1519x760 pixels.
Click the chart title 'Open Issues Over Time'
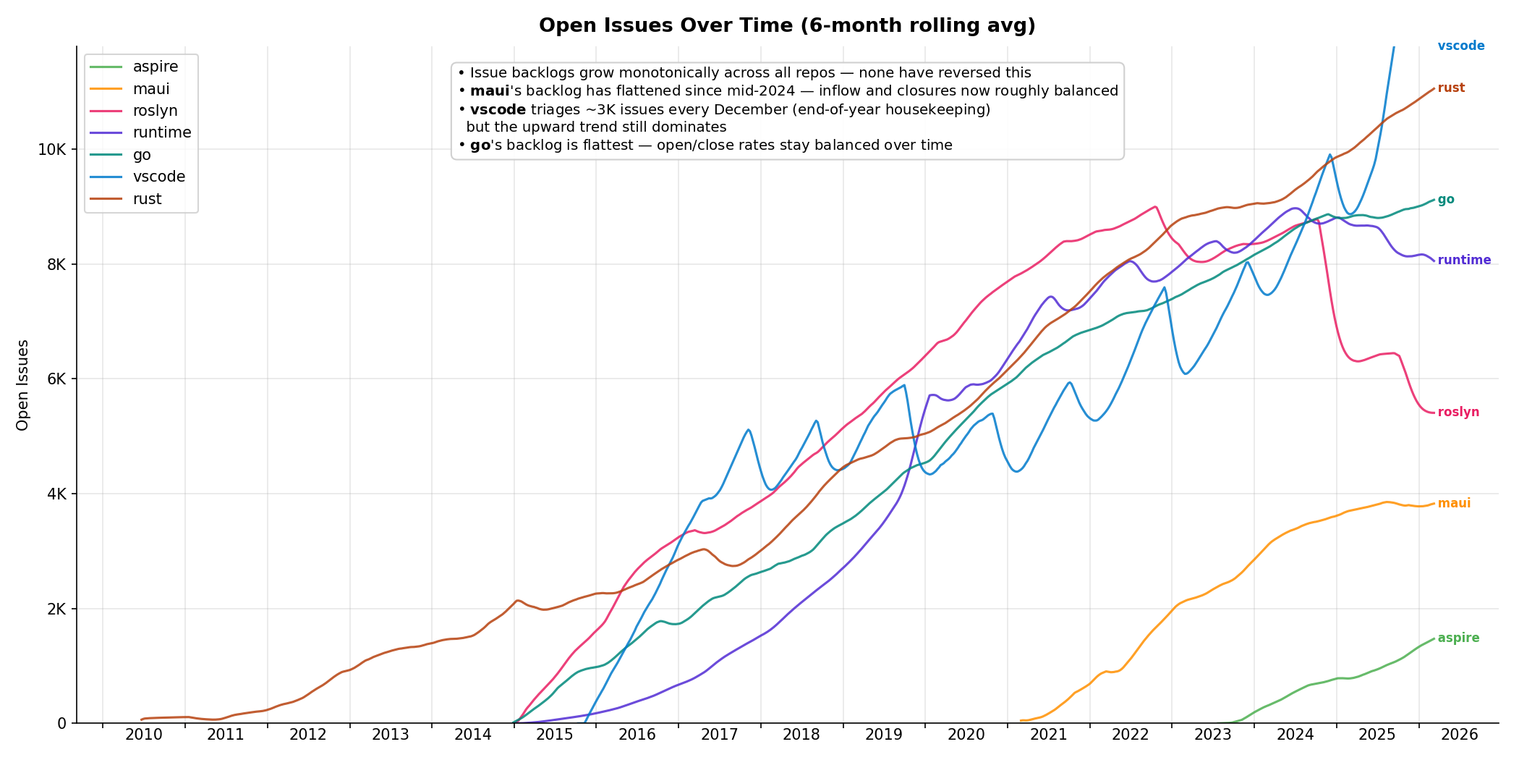point(787,26)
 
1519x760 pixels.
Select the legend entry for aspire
point(155,67)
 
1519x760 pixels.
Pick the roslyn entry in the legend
point(155,111)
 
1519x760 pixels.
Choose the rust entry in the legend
point(147,199)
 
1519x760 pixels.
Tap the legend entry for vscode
point(158,177)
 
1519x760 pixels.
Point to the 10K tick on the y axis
point(51,150)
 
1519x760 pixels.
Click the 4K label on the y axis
point(56,494)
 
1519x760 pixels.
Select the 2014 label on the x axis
point(472,735)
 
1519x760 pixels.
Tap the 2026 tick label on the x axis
point(1459,735)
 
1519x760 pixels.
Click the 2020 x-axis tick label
point(966,735)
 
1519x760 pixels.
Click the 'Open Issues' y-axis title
point(22,385)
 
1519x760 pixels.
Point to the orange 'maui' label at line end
point(1454,503)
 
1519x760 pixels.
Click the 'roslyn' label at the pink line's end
point(1458,412)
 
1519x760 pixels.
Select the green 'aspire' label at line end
point(1458,638)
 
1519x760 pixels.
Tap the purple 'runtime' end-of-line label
point(1464,260)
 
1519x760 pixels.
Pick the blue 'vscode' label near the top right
point(1461,46)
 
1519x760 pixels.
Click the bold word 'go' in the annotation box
point(480,145)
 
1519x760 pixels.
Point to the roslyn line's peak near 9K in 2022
point(1155,206)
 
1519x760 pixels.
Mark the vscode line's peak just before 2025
point(1329,154)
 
